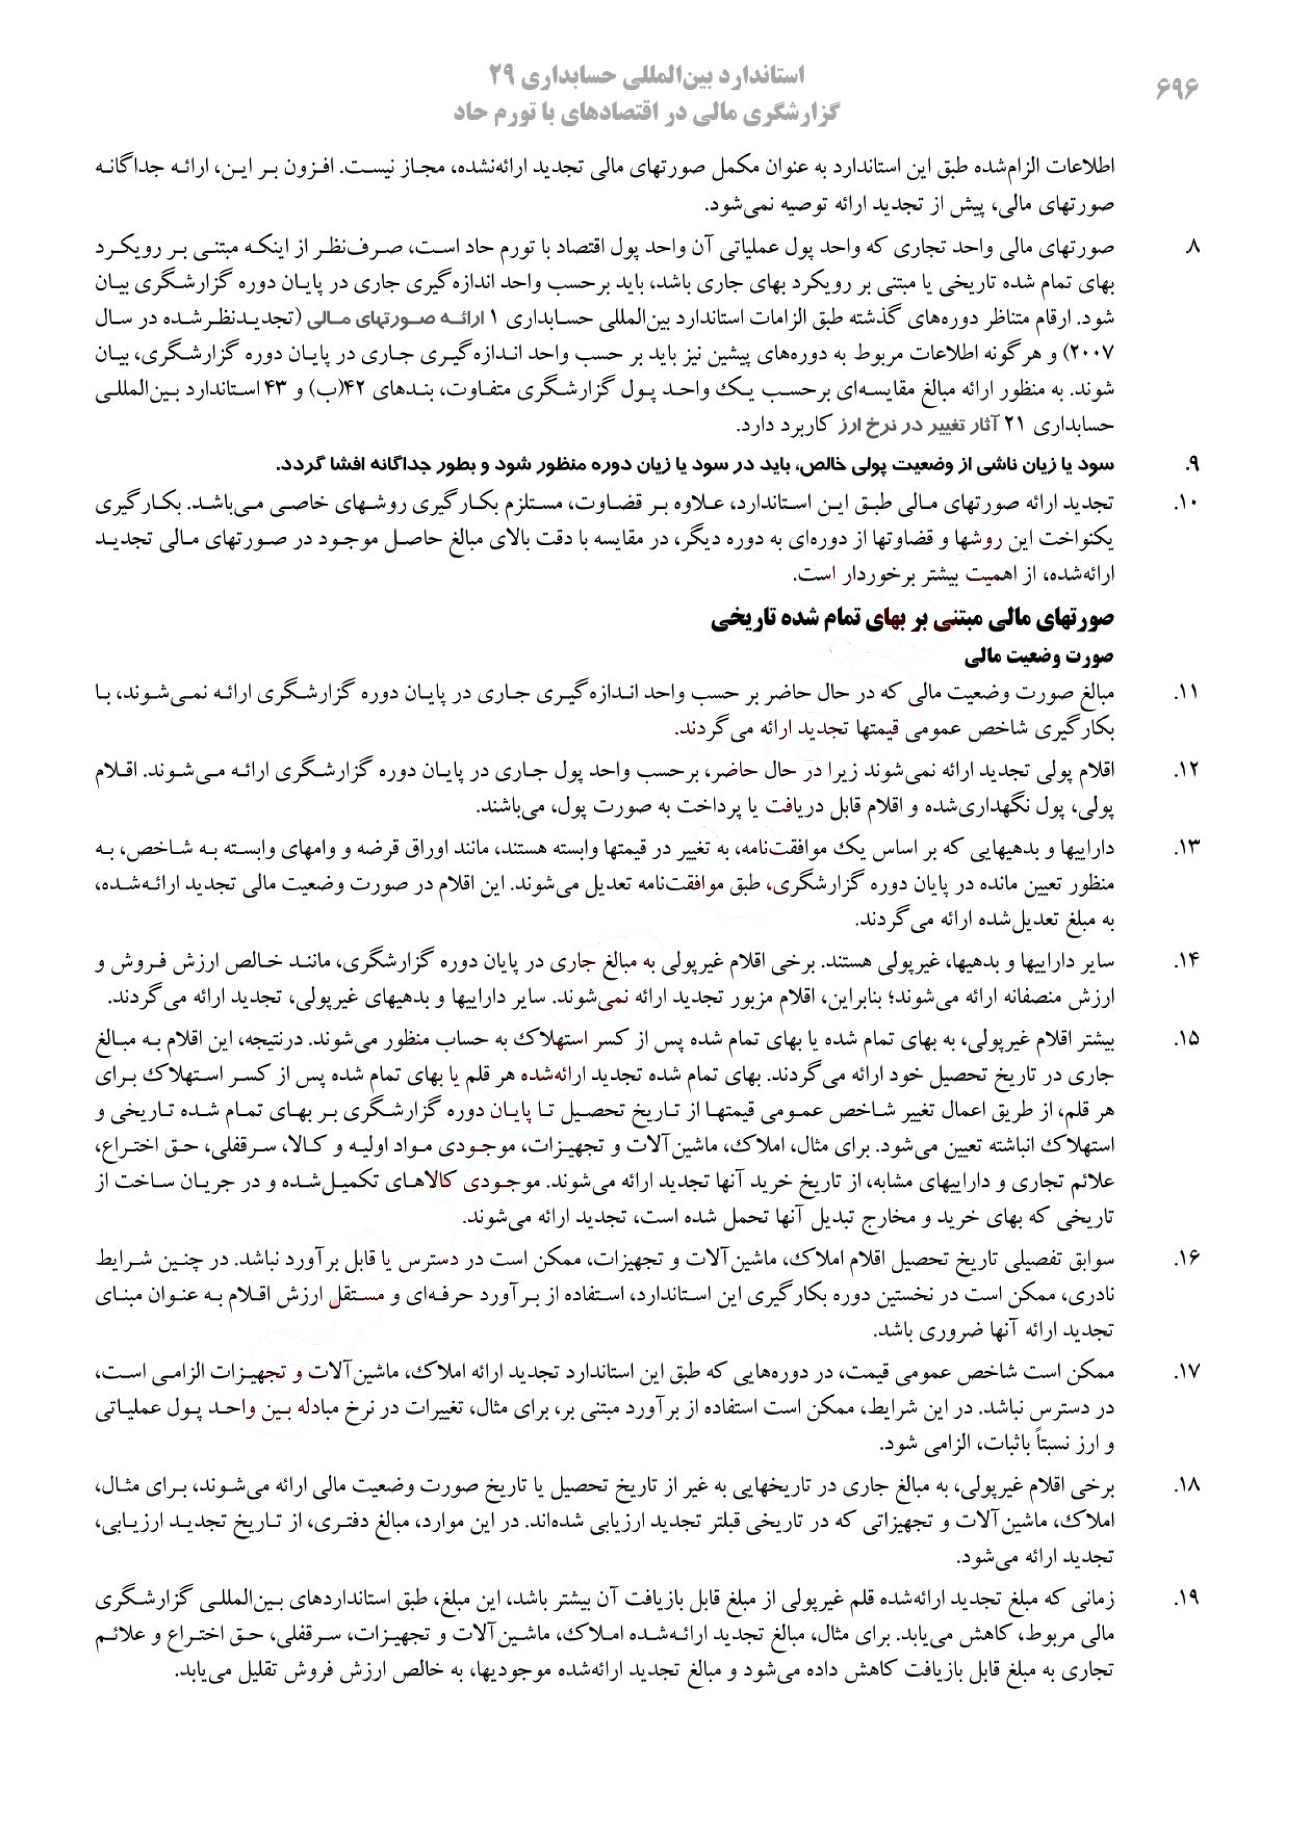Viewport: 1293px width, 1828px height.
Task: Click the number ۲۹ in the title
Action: [x=507, y=77]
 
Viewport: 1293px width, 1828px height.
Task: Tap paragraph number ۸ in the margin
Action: [x=1192, y=249]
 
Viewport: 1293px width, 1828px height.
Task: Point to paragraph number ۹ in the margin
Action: [x=1192, y=464]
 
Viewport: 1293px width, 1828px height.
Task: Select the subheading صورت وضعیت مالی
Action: [x=1039, y=658]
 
